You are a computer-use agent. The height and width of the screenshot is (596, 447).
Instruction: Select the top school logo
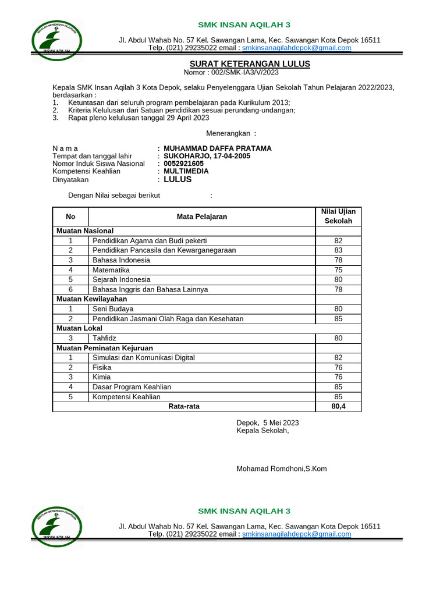pyautogui.click(x=56, y=41)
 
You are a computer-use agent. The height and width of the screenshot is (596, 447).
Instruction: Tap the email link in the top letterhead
pyautogui.click(x=296, y=48)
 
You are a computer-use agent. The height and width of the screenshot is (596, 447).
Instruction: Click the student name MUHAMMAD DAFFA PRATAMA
pyautogui.click(x=218, y=148)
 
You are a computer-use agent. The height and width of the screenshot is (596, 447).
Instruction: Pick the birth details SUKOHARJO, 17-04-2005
pyautogui.click(x=207, y=156)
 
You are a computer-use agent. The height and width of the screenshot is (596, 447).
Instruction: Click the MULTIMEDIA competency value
pyautogui.click(x=186, y=171)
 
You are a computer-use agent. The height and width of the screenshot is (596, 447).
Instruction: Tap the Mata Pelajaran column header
pyautogui.click(x=201, y=217)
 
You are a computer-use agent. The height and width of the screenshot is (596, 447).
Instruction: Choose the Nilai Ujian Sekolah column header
pyautogui.click(x=338, y=216)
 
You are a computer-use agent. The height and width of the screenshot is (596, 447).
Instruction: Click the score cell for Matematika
pyautogui.click(x=338, y=270)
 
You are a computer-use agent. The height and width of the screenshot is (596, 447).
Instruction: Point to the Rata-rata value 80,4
pyautogui.click(x=338, y=406)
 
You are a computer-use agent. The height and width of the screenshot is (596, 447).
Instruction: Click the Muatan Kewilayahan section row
pyautogui.click(x=91, y=299)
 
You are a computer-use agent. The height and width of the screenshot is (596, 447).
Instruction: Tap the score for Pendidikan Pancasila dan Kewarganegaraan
pyautogui.click(x=338, y=250)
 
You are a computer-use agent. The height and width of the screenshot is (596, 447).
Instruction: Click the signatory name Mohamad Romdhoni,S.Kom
pyautogui.click(x=281, y=469)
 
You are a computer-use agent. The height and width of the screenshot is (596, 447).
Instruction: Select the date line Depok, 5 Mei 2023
pyautogui.click(x=267, y=423)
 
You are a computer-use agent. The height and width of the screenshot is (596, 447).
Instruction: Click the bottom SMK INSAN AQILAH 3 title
pyautogui.click(x=244, y=511)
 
